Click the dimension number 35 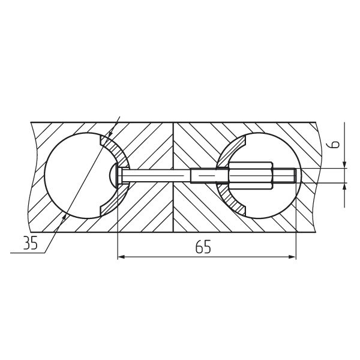(x=30, y=243)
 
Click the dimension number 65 (x=203, y=247)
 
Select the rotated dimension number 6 (x=335, y=145)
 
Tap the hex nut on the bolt (x=251, y=175)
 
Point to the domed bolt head (x=113, y=176)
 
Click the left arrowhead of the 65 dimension (x=121, y=257)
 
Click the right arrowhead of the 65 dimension (x=292, y=257)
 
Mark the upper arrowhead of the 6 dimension (x=344, y=165)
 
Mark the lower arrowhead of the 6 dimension (x=344, y=187)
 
